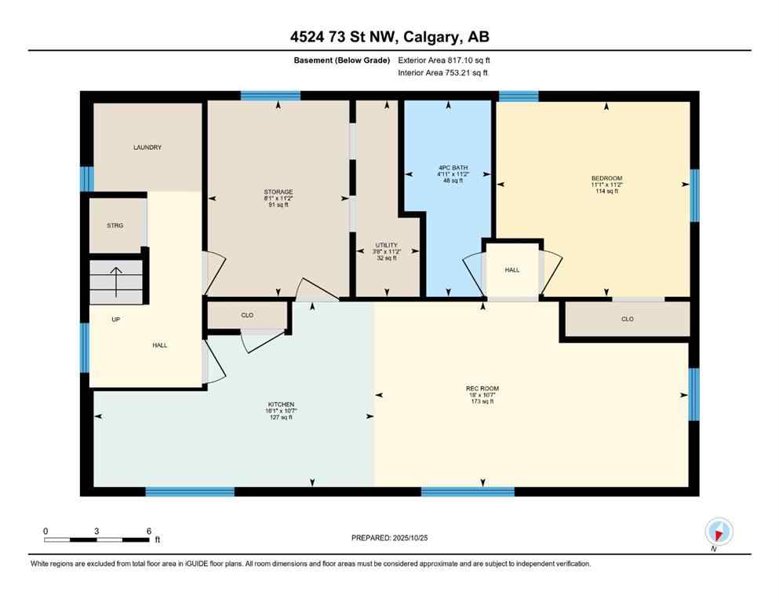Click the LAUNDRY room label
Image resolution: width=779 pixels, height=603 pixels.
[147, 147]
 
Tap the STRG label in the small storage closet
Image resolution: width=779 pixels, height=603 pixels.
[115, 225]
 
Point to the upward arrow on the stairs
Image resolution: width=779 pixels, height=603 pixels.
[116, 281]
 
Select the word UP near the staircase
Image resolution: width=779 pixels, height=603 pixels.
[115, 320]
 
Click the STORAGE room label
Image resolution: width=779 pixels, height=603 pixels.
[278, 192]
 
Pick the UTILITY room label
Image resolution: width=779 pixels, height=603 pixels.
[385, 245]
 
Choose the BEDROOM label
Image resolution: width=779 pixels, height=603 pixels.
[606, 178]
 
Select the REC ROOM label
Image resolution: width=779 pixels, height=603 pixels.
[482, 389]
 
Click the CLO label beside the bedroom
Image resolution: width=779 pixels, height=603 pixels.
[627, 319]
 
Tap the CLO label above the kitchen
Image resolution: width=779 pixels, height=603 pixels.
[247, 315]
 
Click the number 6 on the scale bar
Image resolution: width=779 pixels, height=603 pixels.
[149, 531]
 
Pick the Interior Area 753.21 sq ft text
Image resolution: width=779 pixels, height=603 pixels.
[443, 73]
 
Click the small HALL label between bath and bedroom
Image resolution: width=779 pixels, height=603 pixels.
[512, 269]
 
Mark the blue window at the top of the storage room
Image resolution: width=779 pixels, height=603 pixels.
[271, 96]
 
